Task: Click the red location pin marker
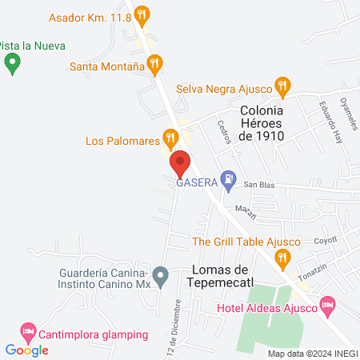tap(180, 164)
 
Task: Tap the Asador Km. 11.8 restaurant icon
tap(142, 14)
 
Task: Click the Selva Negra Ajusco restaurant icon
tap(282, 85)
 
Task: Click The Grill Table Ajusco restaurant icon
tap(281, 257)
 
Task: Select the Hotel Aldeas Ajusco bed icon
tap(326, 304)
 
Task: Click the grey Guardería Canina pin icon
tap(161, 278)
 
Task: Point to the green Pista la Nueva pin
tap(11, 64)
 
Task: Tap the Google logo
tap(26, 350)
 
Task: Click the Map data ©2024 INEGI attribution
tap(312, 354)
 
